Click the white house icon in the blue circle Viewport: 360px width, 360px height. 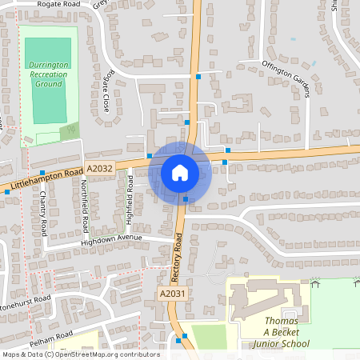179,172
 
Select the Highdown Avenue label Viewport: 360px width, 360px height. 111,239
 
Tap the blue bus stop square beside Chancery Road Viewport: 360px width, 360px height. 42,172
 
